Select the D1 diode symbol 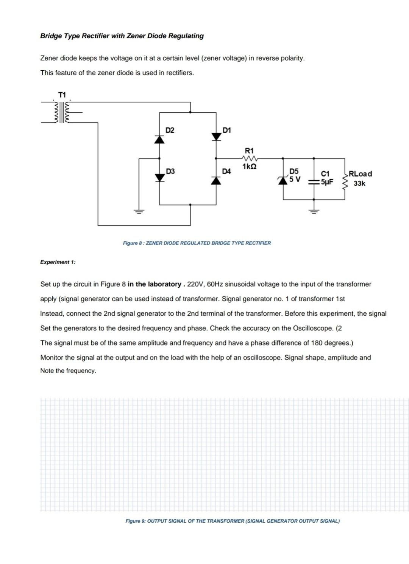pyautogui.click(x=216, y=136)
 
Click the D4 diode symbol pyautogui.click(x=216, y=181)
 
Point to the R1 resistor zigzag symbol pyautogui.click(x=249, y=158)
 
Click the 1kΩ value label pyautogui.click(x=249, y=166)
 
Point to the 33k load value pyautogui.click(x=359, y=183)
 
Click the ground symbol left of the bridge pyautogui.click(x=139, y=211)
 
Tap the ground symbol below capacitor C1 pyautogui.click(x=314, y=211)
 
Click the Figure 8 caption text pyautogui.click(x=197, y=243)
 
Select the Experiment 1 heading pyautogui.click(x=58, y=262)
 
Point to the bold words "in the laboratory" pyautogui.click(x=154, y=284)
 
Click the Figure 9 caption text pyautogui.click(x=232, y=521)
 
